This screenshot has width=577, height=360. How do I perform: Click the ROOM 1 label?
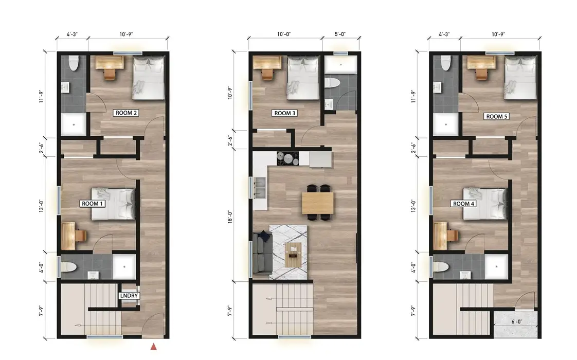[x=93, y=204]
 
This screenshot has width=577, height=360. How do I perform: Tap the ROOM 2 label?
[x=126, y=113]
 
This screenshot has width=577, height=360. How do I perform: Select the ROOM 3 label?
[x=285, y=113]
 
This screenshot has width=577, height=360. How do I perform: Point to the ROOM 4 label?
[x=464, y=204]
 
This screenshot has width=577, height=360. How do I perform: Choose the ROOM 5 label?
[x=497, y=117]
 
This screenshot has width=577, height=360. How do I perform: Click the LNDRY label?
[x=129, y=296]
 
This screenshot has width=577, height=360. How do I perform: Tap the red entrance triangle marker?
[x=154, y=347]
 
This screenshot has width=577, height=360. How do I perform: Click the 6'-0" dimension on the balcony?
[x=517, y=322]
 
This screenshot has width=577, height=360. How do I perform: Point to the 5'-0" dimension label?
[x=340, y=34]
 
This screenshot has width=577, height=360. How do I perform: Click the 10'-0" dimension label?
[x=284, y=34]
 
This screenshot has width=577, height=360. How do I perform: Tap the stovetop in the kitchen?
[x=288, y=158]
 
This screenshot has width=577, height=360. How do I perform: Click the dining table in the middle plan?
[x=318, y=203]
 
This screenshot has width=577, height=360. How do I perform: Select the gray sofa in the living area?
[x=262, y=254]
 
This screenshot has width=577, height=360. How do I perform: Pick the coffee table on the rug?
[x=293, y=255]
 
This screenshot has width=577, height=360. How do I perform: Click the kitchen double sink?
[x=260, y=188]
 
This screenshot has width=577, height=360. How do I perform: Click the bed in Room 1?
[x=113, y=204]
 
